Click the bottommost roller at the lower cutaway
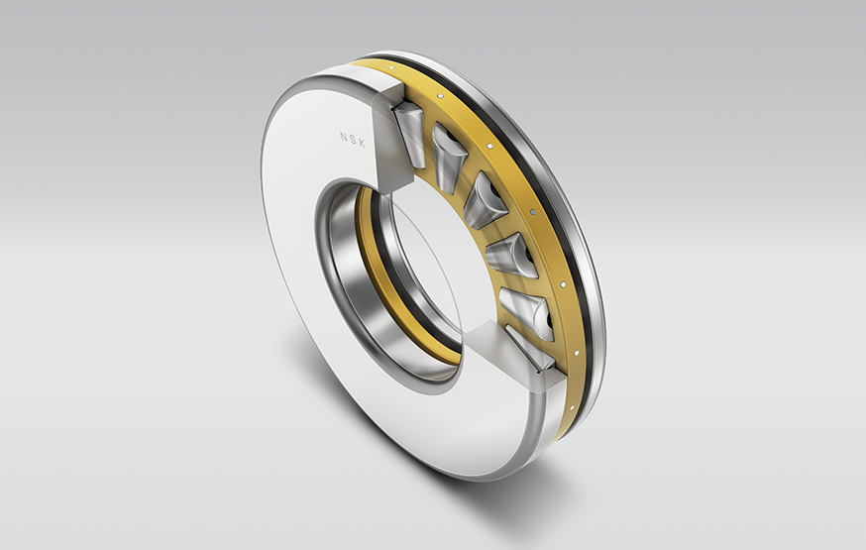531,352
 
